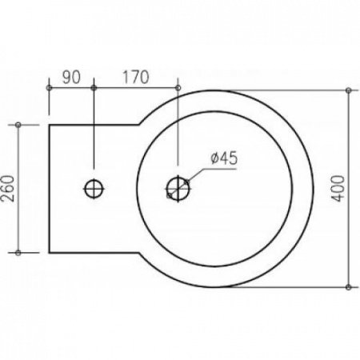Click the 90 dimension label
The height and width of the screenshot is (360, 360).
click(x=71, y=78)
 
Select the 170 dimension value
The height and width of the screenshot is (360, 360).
click(x=135, y=78)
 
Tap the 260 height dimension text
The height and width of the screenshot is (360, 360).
click(x=8, y=188)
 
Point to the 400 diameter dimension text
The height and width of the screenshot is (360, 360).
click(x=338, y=188)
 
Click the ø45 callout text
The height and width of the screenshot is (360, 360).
click(x=224, y=158)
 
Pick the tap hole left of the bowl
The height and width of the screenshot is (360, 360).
click(x=94, y=189)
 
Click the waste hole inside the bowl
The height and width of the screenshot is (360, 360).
click(x=178, y=189)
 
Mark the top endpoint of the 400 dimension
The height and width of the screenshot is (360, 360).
click(x=348, y=90)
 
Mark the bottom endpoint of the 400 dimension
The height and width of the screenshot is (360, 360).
click(x=348, y=287)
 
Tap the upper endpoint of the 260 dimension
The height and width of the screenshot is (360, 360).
click(x=18, y=125)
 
